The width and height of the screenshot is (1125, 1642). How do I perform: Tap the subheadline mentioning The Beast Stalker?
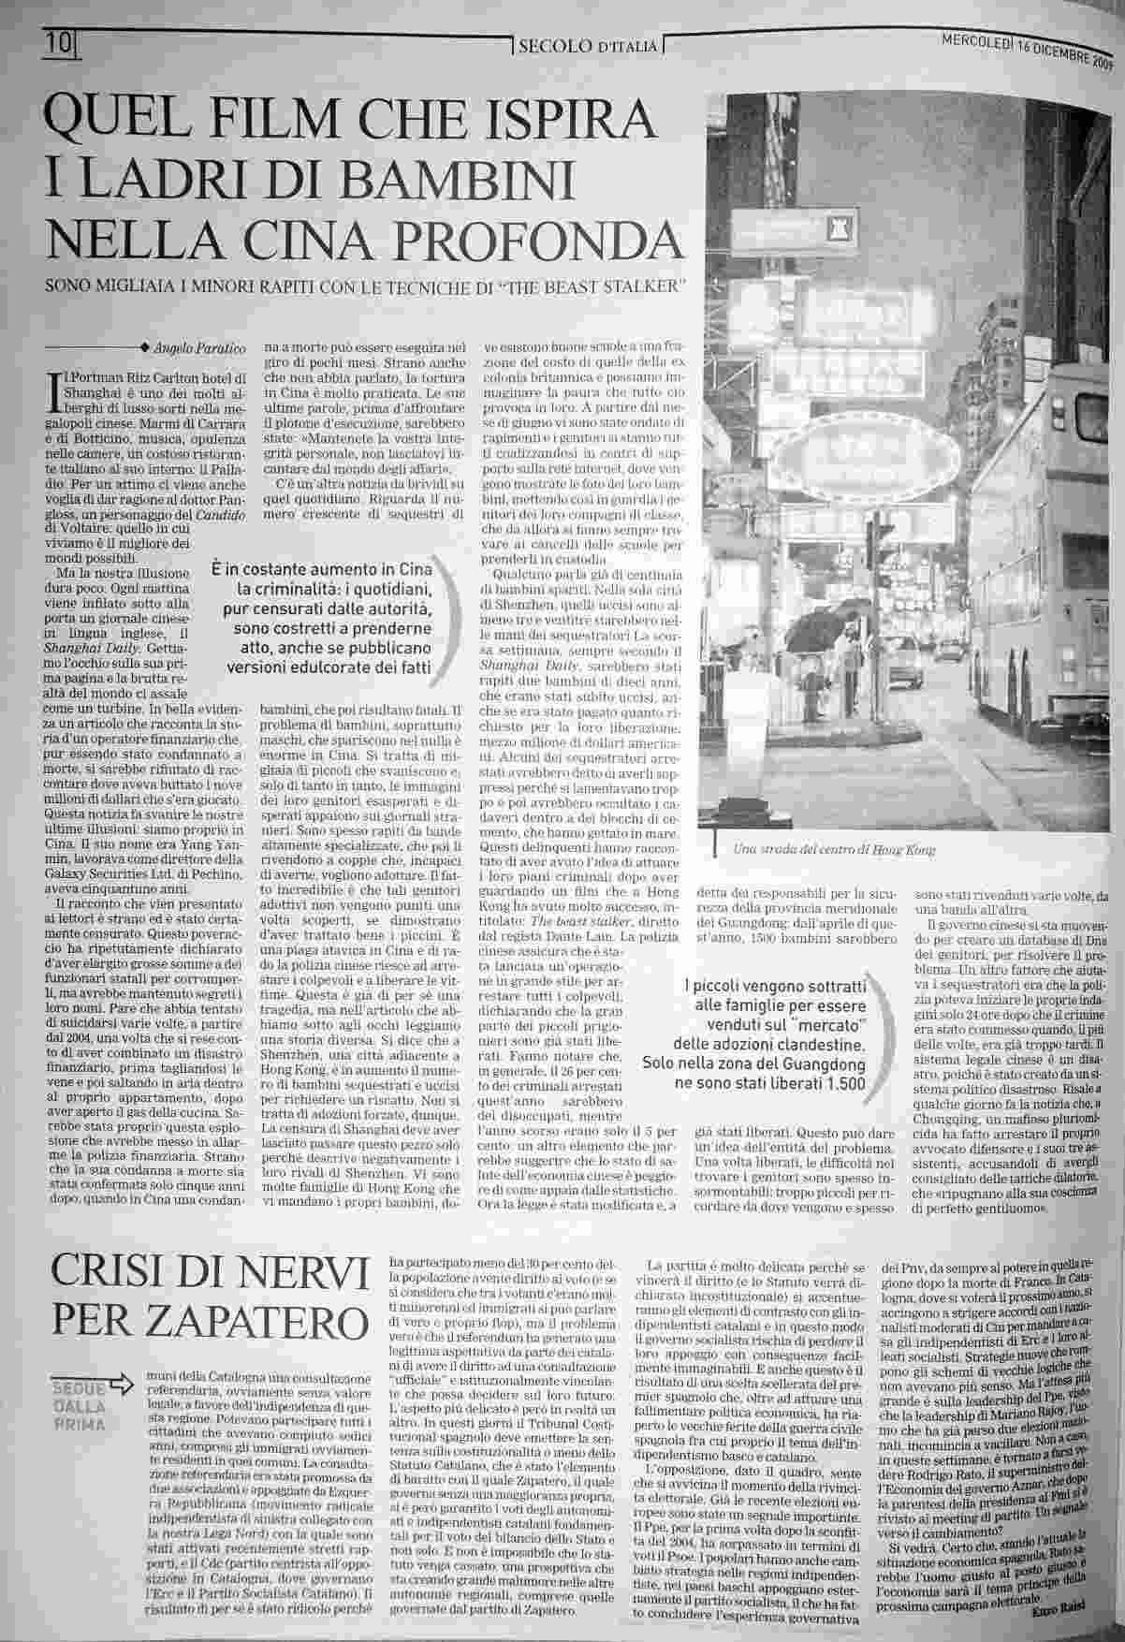point(367,286)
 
